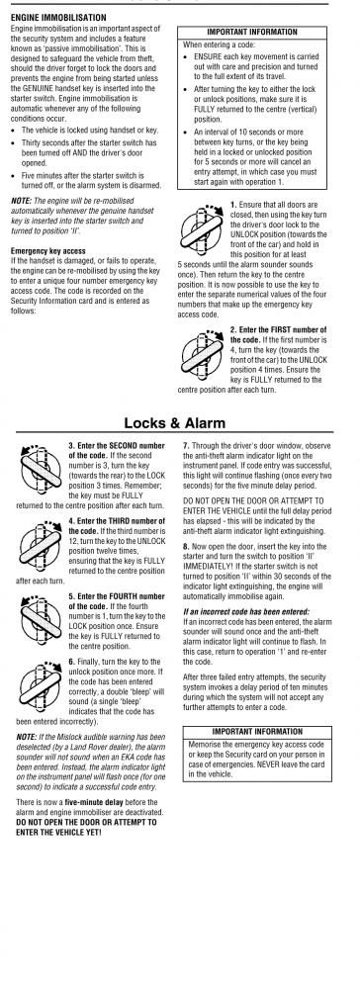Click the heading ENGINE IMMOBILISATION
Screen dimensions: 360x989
58,18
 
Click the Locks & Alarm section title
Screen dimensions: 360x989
174,422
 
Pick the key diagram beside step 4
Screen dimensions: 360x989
40,542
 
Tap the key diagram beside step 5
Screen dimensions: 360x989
40,617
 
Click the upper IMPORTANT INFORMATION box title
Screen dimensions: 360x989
252,32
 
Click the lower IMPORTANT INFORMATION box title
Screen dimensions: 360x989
257,732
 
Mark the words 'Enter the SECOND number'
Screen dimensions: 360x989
117,445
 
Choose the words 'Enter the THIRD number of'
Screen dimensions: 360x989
117,521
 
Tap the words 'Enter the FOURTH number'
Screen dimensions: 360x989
117,596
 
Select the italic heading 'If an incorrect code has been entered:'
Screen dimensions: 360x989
246,612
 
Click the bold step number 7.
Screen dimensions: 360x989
185,445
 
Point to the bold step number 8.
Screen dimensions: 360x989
185,546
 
